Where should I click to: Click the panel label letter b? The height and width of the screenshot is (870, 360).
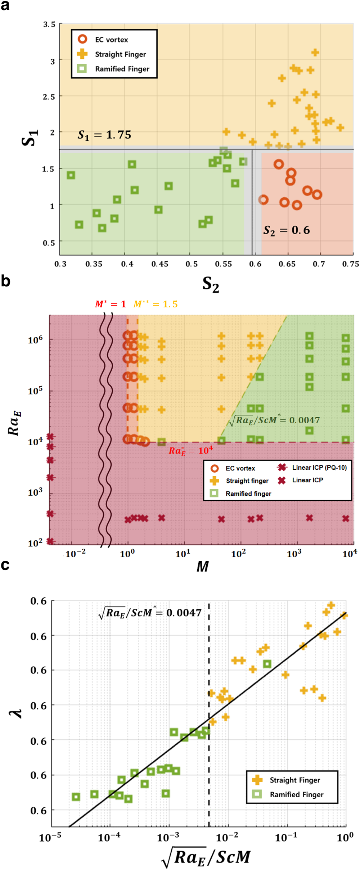(x=5, y=281)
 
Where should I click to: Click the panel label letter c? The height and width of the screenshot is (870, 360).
(x=5, y=565)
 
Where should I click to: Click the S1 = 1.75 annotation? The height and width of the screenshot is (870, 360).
(x=104, y=135)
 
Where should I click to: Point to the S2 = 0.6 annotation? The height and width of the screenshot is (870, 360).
(x=287, y=230)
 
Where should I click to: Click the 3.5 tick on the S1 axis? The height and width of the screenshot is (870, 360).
(x=49, y=24)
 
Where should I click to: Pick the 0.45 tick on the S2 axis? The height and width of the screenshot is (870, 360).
(x=159, y=264)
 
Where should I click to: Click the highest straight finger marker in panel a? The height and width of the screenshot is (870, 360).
(x=315, y=53)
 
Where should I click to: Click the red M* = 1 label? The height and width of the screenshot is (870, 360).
(x=111, y=304)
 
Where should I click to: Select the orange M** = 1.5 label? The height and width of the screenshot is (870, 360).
(x=156, y=304)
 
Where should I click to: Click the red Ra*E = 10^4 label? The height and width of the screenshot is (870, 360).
(x=191, y=451)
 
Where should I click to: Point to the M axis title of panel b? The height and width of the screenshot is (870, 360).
(x=202, y=567)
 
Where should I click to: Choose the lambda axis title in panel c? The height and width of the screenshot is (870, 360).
(x=16, y=713)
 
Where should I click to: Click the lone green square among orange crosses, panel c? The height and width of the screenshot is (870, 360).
(x=267, y=664)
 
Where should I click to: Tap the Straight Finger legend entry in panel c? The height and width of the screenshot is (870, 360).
(x=294, y=780)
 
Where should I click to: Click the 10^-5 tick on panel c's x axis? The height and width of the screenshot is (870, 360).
(x=50, y=837)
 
